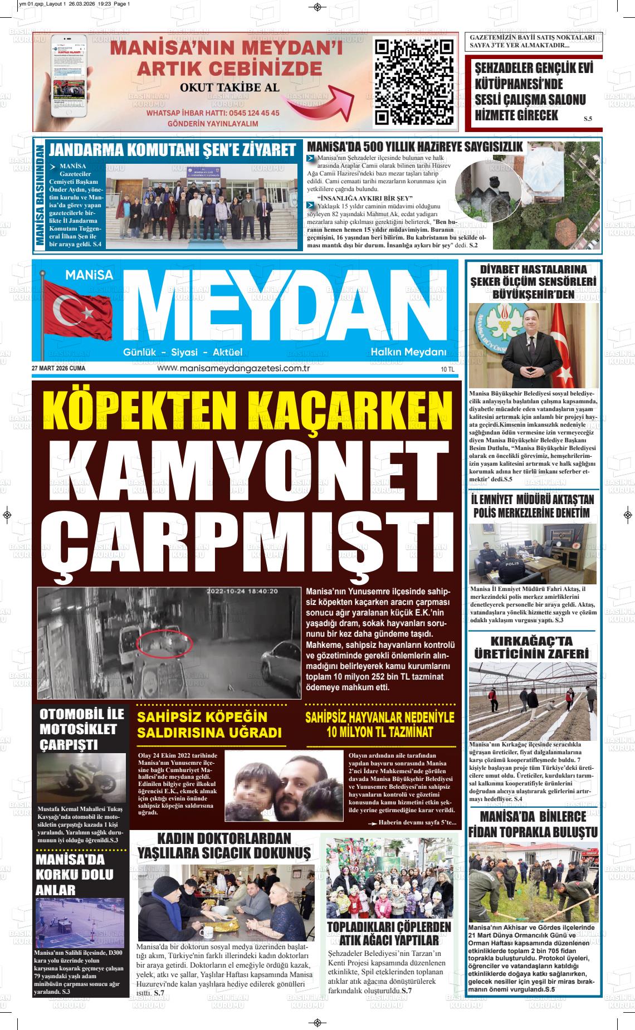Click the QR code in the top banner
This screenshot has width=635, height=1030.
click(x=414, y=82)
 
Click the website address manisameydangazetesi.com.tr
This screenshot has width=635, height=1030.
click(x=233, y=368)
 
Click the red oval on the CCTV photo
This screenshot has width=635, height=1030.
click(x=165, y=641)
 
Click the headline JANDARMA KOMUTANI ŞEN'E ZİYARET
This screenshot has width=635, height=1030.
click(x=172, y=150)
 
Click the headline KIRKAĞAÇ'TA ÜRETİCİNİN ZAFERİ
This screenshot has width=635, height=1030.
click(x=531, y=647)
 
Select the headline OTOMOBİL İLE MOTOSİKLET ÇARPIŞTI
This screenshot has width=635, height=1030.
click(x=77, y=729)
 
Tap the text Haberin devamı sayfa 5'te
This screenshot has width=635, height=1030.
click(x=417, y=823)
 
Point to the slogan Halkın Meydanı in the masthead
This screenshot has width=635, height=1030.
click(x=409, y=352)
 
